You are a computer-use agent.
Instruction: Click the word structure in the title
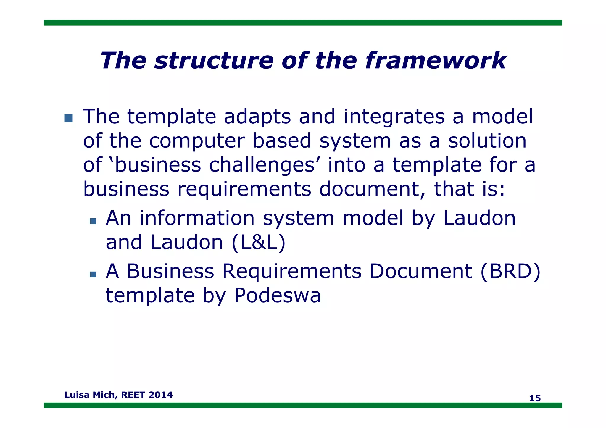[213, 61]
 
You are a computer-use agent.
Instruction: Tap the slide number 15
[535, 398]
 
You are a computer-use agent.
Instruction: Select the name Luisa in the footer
[77, 395]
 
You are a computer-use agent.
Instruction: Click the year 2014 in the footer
[161, 395]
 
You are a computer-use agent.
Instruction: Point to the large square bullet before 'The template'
[68, 118]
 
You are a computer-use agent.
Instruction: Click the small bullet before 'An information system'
[93, 221]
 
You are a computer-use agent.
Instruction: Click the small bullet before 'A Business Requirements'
[93, 274]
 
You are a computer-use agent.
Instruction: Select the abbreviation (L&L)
[259, 243]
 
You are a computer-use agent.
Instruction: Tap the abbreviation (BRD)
[510, 271]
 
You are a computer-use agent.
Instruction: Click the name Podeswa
[277, 295]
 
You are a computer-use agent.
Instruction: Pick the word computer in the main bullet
[197, 141]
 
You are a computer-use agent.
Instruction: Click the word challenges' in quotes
[262, 165]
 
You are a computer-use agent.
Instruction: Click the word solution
[487, 141]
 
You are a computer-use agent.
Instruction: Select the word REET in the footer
[133, 395]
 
